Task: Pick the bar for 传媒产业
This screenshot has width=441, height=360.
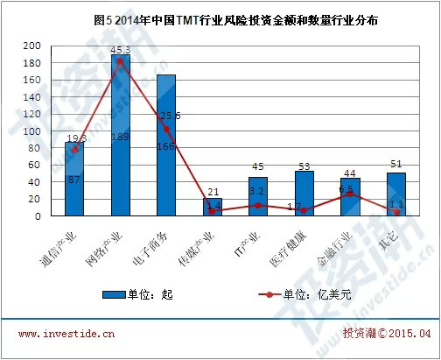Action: tap(213, 207)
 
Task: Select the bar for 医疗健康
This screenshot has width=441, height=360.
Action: tap(304, 193)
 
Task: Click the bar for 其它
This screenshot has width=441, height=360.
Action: tap(395, 194)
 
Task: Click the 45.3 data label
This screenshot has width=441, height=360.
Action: tap(121, 49)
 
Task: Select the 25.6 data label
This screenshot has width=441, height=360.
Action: tap(170, 116)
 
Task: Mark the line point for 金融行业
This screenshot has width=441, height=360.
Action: tap(350, 194)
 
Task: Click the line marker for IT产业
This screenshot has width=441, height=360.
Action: tap(258, 205)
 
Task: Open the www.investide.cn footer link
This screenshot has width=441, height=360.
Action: tap(66, 334)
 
